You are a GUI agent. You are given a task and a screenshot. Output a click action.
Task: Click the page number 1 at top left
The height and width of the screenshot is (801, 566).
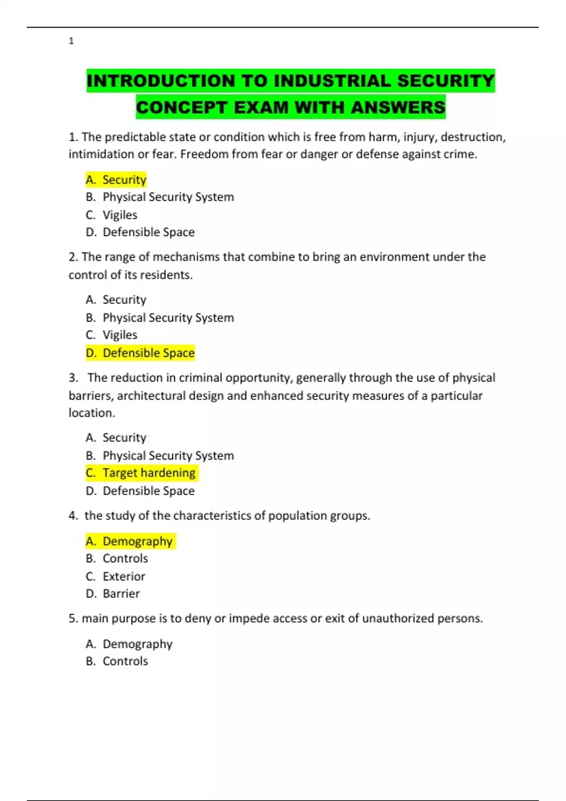coord(71,41)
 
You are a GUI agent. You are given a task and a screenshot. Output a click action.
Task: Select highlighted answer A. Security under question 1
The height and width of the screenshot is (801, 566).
coord(117,180)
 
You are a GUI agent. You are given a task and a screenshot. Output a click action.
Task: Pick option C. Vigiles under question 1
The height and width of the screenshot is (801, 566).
coord(112,215)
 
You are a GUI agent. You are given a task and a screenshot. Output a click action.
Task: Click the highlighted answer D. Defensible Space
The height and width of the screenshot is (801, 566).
coord(140,353)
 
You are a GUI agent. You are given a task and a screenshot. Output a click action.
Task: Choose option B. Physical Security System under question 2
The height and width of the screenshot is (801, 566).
coord(160,318)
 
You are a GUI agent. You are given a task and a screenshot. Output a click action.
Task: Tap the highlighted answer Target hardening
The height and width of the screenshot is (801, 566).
coord(141,473)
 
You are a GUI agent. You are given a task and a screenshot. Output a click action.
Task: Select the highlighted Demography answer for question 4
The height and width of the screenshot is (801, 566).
coord(130,541)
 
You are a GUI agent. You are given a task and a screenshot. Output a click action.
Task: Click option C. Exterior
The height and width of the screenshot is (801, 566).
coord(116,576)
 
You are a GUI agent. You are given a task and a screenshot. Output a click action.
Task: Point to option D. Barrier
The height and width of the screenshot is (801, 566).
coord(113,594)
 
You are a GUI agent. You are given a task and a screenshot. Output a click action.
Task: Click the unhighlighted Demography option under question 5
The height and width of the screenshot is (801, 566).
coord(129,644)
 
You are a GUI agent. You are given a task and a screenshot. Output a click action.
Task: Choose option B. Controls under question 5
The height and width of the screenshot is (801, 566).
coord(117,661)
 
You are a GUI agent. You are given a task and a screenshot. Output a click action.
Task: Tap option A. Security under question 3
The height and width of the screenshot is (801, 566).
coord(117,438)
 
